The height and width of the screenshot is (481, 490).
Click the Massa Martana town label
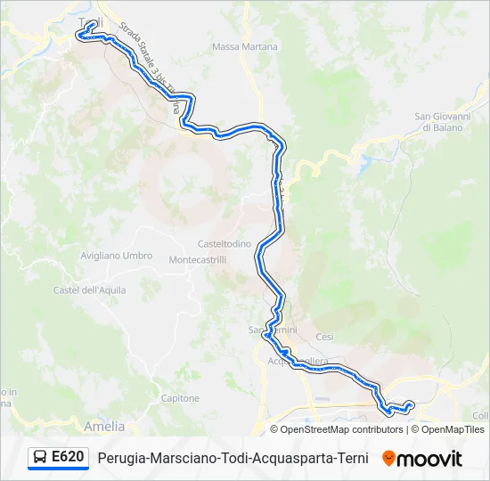(245, 46)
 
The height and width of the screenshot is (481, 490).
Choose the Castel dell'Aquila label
(90, 290)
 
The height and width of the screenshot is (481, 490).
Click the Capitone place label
(182, 398)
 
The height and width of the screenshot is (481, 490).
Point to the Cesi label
(324, 337)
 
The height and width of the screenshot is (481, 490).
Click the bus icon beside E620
(40, 458)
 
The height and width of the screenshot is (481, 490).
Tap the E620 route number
(68, 458)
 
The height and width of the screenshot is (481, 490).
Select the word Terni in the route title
(350, 459)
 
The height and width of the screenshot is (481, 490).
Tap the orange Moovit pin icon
(388, 459)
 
